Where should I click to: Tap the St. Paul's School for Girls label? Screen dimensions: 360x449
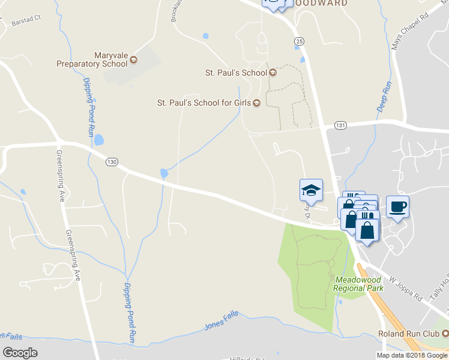tap(203, 103)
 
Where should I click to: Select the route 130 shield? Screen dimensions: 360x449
tap(110, 162)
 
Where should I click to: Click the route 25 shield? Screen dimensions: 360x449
tap(299, 40)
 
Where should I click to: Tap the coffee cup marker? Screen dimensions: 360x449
tap(397, 207)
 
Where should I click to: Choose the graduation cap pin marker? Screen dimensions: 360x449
tap(311, 190)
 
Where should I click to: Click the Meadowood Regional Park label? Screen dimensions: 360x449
tap(360, 284)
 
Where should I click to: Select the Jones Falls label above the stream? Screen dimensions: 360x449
tap(221, 319)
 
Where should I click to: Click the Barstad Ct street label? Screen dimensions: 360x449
tap(25, 22)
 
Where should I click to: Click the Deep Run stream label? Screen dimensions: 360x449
tap(384, 97)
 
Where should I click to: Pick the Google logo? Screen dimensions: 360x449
tap(20, 353)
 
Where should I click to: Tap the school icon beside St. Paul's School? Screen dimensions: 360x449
tap(273, 73)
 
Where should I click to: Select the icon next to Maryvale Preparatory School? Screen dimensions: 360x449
tap(133, 59)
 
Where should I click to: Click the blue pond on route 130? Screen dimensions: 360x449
tap(164, 174)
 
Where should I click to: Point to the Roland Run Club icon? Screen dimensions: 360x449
tap(445, 334)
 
